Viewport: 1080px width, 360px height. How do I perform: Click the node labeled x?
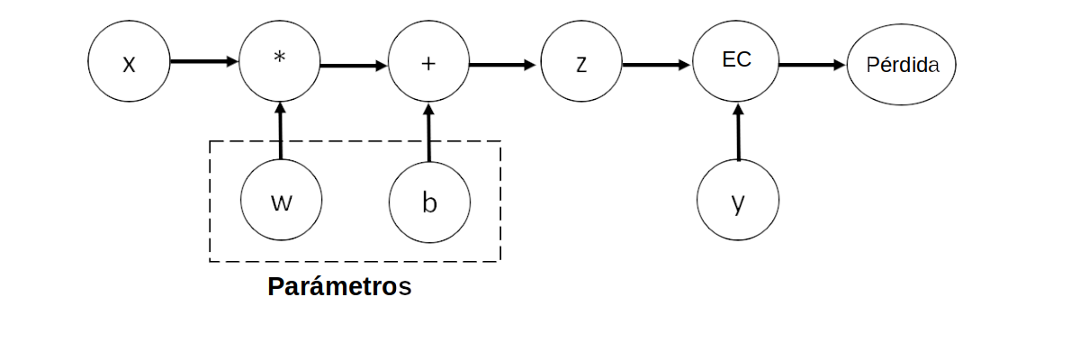coord(129,64)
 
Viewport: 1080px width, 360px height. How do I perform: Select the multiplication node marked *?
coord(280,64)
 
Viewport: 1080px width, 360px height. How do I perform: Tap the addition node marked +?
coord(428,64)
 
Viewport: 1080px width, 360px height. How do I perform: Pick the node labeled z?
coord(581,64)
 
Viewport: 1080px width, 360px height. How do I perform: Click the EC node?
coord(737,64)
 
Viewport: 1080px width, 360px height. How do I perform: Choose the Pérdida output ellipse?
coord(902,65)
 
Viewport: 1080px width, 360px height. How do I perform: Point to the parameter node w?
coord(281,201)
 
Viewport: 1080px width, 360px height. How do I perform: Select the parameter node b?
coord(429,201)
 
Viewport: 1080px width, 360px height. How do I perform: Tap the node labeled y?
coord(738,201)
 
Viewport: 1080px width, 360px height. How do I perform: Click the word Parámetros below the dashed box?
coord(339,287)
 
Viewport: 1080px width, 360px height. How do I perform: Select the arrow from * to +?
coord(354,65)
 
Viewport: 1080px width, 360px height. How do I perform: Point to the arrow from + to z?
coord(503,65)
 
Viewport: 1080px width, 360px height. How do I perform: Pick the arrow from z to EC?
coord(657,65)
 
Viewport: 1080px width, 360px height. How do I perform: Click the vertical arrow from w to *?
coord(281,131)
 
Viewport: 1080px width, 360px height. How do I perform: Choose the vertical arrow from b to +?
coord(429,131)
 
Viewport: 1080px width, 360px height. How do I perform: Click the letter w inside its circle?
coord(281,202)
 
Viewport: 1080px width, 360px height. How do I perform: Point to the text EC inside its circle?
coord(737,60)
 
